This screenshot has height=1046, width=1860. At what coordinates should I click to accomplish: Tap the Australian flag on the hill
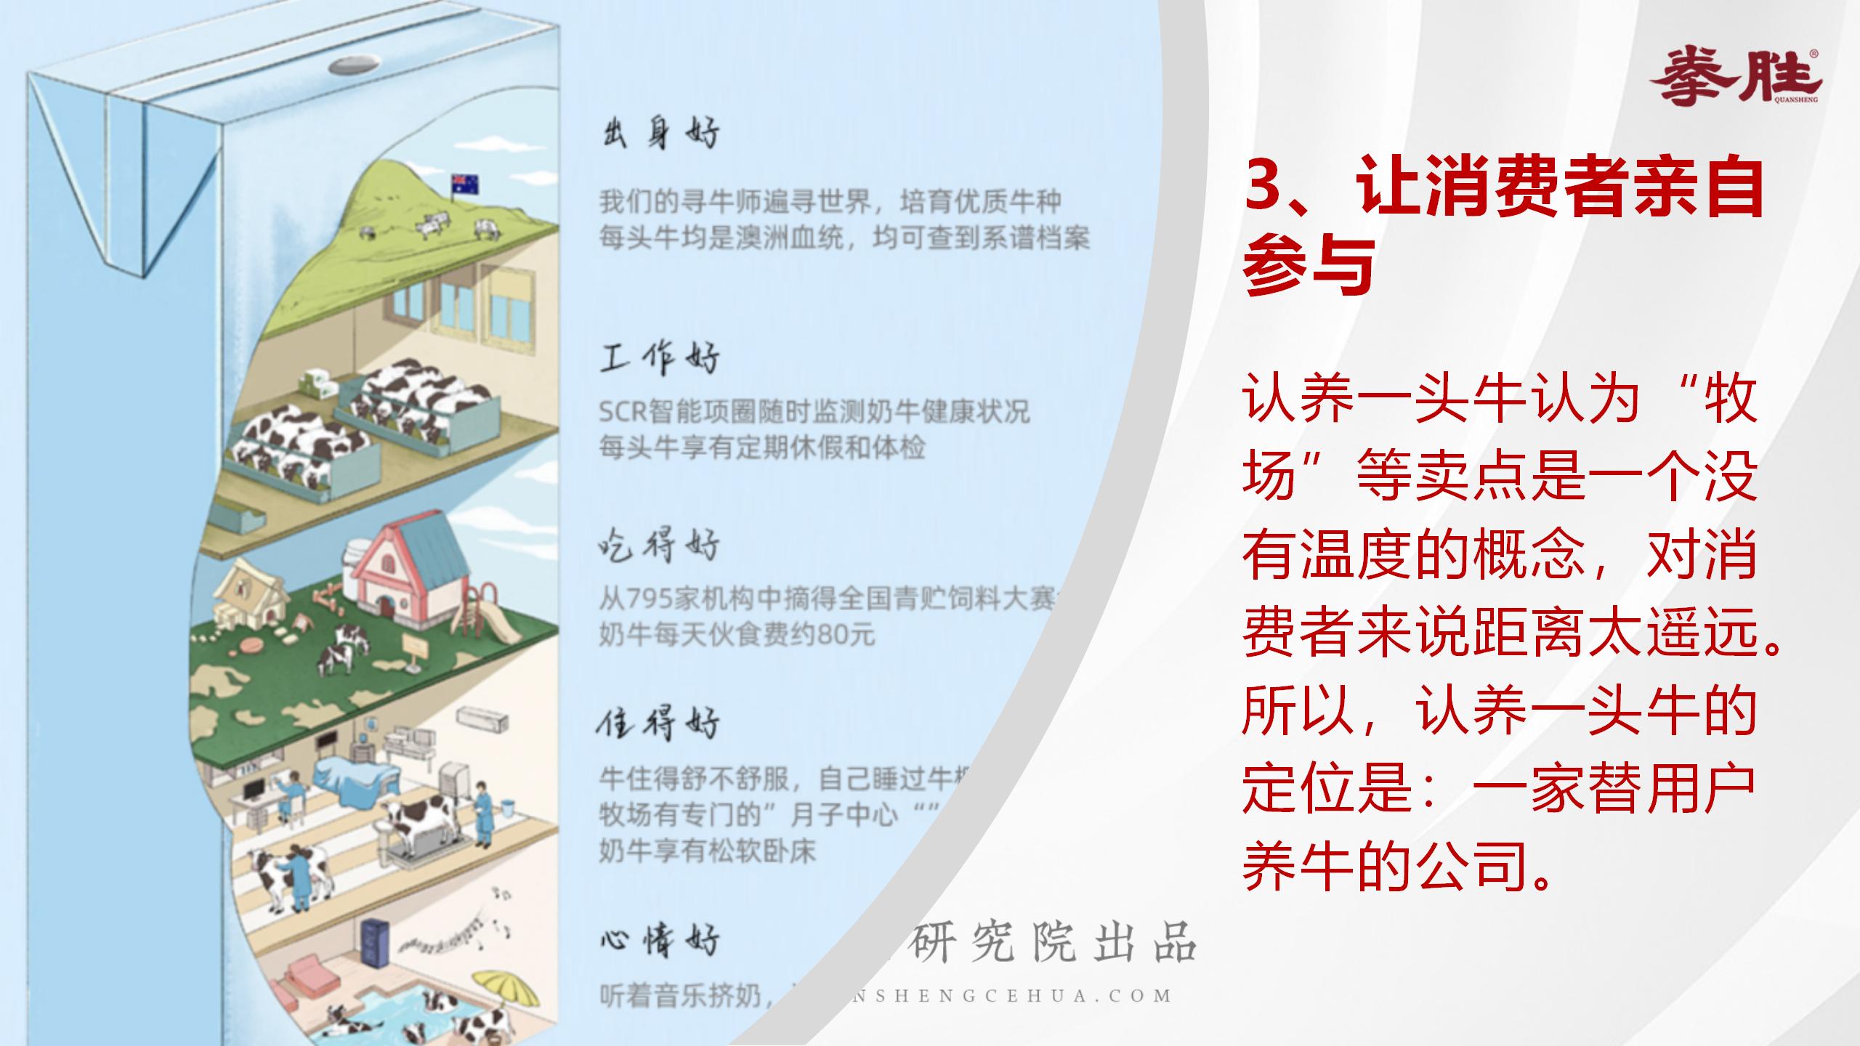(x=466, y=185)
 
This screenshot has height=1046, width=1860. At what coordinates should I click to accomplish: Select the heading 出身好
(x=660, y=134)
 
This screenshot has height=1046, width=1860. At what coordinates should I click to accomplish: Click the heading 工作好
(x=660, y=359)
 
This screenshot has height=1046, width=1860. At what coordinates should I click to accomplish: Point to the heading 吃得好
(x=660, y=545)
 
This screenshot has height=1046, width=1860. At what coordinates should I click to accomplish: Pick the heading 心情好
(x=660, y=940)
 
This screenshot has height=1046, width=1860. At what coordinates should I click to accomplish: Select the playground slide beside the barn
(x=494, y=617)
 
